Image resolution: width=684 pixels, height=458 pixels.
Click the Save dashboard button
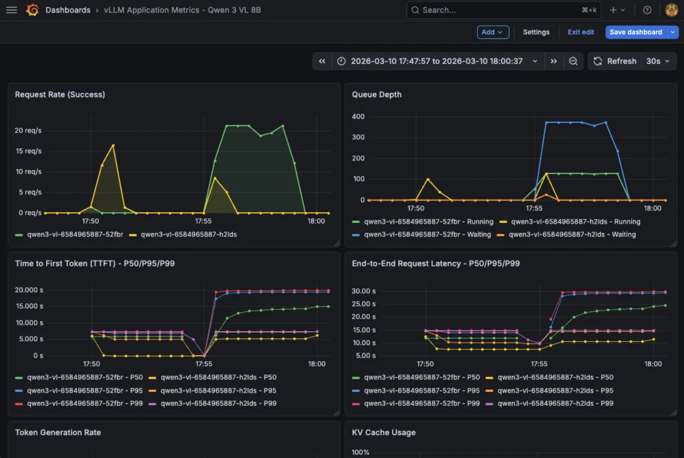[x=635, y=32]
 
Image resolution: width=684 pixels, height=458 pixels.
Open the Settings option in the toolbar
[x=536, y=32]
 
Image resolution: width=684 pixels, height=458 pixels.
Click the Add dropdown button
[x=492, y=32]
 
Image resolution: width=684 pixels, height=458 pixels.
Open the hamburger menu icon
[x=11, y=10]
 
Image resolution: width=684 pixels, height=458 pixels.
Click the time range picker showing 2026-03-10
[x=438, y=61]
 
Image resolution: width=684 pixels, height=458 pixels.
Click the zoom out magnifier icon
[x=573, y=61]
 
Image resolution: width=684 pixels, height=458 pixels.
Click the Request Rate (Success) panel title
[x=59, y=95]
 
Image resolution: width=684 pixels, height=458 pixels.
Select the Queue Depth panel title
[x=377, y=95]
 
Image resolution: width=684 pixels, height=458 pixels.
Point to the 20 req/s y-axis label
[x=28, y=130]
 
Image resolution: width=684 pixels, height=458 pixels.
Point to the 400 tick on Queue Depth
[x=358, y=117]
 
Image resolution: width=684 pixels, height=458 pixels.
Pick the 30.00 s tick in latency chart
[x=365, y=291]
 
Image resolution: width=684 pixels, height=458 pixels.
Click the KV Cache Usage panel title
[x=383, y=433]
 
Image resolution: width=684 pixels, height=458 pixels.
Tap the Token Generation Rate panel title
[x=57, y=433]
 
